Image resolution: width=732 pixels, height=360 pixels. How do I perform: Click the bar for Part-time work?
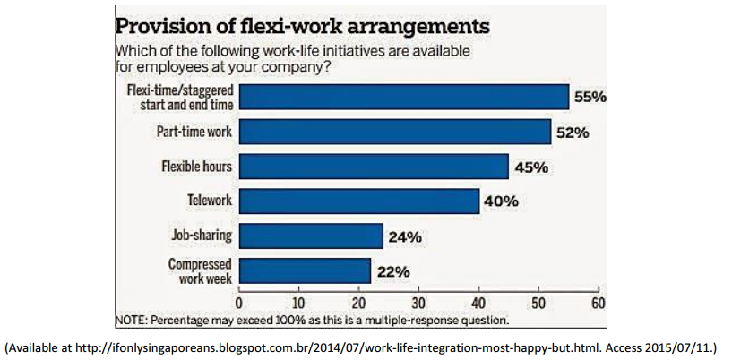395,132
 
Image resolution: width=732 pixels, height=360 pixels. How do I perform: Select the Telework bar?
359,201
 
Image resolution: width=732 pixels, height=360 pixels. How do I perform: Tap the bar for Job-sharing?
311,236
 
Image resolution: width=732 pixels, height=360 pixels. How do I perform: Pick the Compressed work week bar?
305,270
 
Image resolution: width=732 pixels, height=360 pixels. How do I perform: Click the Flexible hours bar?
374,167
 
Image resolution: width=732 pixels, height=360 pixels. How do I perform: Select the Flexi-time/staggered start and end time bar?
404,97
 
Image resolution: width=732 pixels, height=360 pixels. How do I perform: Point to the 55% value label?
590,97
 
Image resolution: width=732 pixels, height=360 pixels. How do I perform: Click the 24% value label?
405,237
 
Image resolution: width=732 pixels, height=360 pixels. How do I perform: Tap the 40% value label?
502,201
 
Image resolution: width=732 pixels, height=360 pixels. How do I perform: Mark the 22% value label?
392,271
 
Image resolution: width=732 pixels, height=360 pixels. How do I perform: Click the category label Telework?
210,201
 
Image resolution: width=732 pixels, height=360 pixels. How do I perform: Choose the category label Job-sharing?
201,235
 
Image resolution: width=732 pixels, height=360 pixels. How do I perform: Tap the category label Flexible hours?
197,166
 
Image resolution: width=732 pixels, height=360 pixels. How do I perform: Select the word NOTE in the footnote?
130,321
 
